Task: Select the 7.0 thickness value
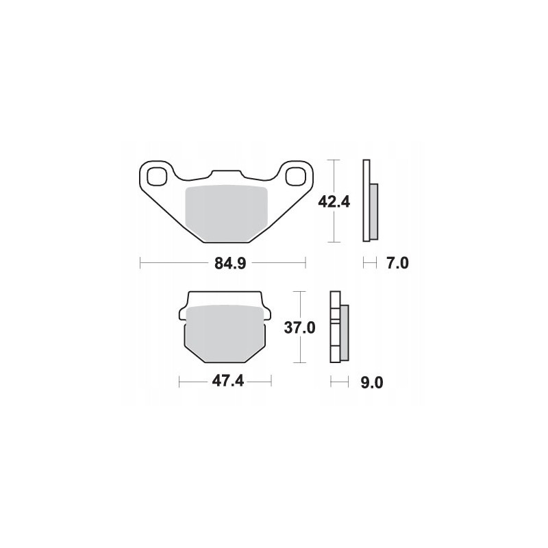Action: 397,262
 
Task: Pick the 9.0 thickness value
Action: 371,383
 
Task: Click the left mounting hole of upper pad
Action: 156,175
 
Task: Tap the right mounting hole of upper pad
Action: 296,175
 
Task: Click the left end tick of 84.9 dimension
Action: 140,262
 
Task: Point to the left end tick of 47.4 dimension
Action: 179,382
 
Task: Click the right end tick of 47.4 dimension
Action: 271,382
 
